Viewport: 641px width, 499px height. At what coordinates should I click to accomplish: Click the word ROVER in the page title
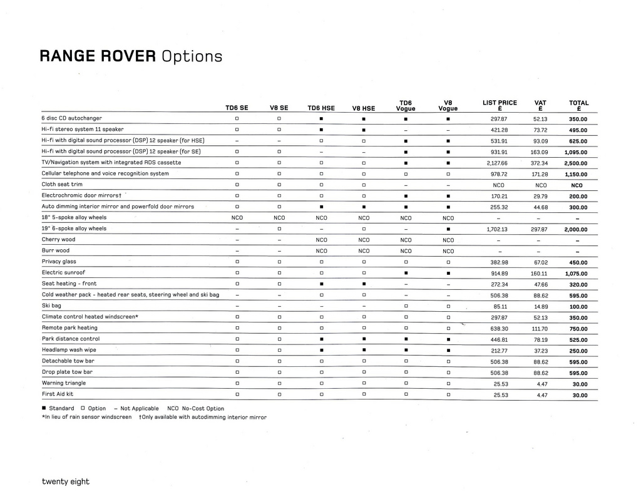(x=127, y=56)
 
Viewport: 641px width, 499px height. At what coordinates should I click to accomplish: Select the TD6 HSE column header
(x=321, y=108)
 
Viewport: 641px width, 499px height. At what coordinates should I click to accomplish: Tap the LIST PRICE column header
(x=500, y=105)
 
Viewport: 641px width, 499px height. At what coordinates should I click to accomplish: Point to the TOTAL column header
(x=578, y=105)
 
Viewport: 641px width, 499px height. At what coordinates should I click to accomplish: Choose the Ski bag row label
(x=51, y=306)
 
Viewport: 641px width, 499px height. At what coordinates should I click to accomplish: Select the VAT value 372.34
(x=540, y=163)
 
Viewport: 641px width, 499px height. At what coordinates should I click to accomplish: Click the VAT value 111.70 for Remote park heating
(x=540, y=328)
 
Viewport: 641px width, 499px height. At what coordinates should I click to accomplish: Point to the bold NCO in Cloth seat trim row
(x=577, y=185)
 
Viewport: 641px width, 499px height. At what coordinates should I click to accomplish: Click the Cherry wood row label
(x=58, y=240)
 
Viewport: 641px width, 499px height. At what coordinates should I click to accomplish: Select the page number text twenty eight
(x=66, y=481)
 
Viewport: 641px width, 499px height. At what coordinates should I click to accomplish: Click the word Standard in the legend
(x=61, y=408)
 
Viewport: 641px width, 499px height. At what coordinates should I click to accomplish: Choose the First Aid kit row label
(x=58, y=394)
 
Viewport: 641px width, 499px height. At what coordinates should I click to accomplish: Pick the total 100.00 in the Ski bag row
(x=578, y=307)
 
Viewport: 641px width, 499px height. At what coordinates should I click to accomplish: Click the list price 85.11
(x=500, y=307)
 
